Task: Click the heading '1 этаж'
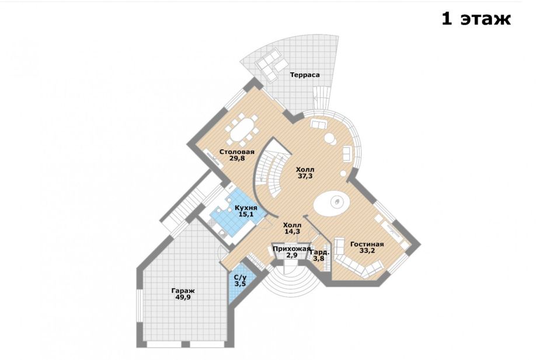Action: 476,19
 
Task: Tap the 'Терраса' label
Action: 304,75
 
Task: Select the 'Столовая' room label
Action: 237,152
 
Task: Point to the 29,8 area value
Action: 237,158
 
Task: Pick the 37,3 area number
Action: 305,176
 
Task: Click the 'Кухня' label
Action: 246,208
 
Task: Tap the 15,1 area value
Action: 246,214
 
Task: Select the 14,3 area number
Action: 292,232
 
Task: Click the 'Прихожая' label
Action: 291,249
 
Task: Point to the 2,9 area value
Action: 291,255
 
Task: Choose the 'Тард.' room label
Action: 319,252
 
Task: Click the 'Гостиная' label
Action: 367,244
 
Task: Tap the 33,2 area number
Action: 367,250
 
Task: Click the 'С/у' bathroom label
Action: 240,278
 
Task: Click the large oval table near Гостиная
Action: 332,202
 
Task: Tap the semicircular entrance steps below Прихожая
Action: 290,275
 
